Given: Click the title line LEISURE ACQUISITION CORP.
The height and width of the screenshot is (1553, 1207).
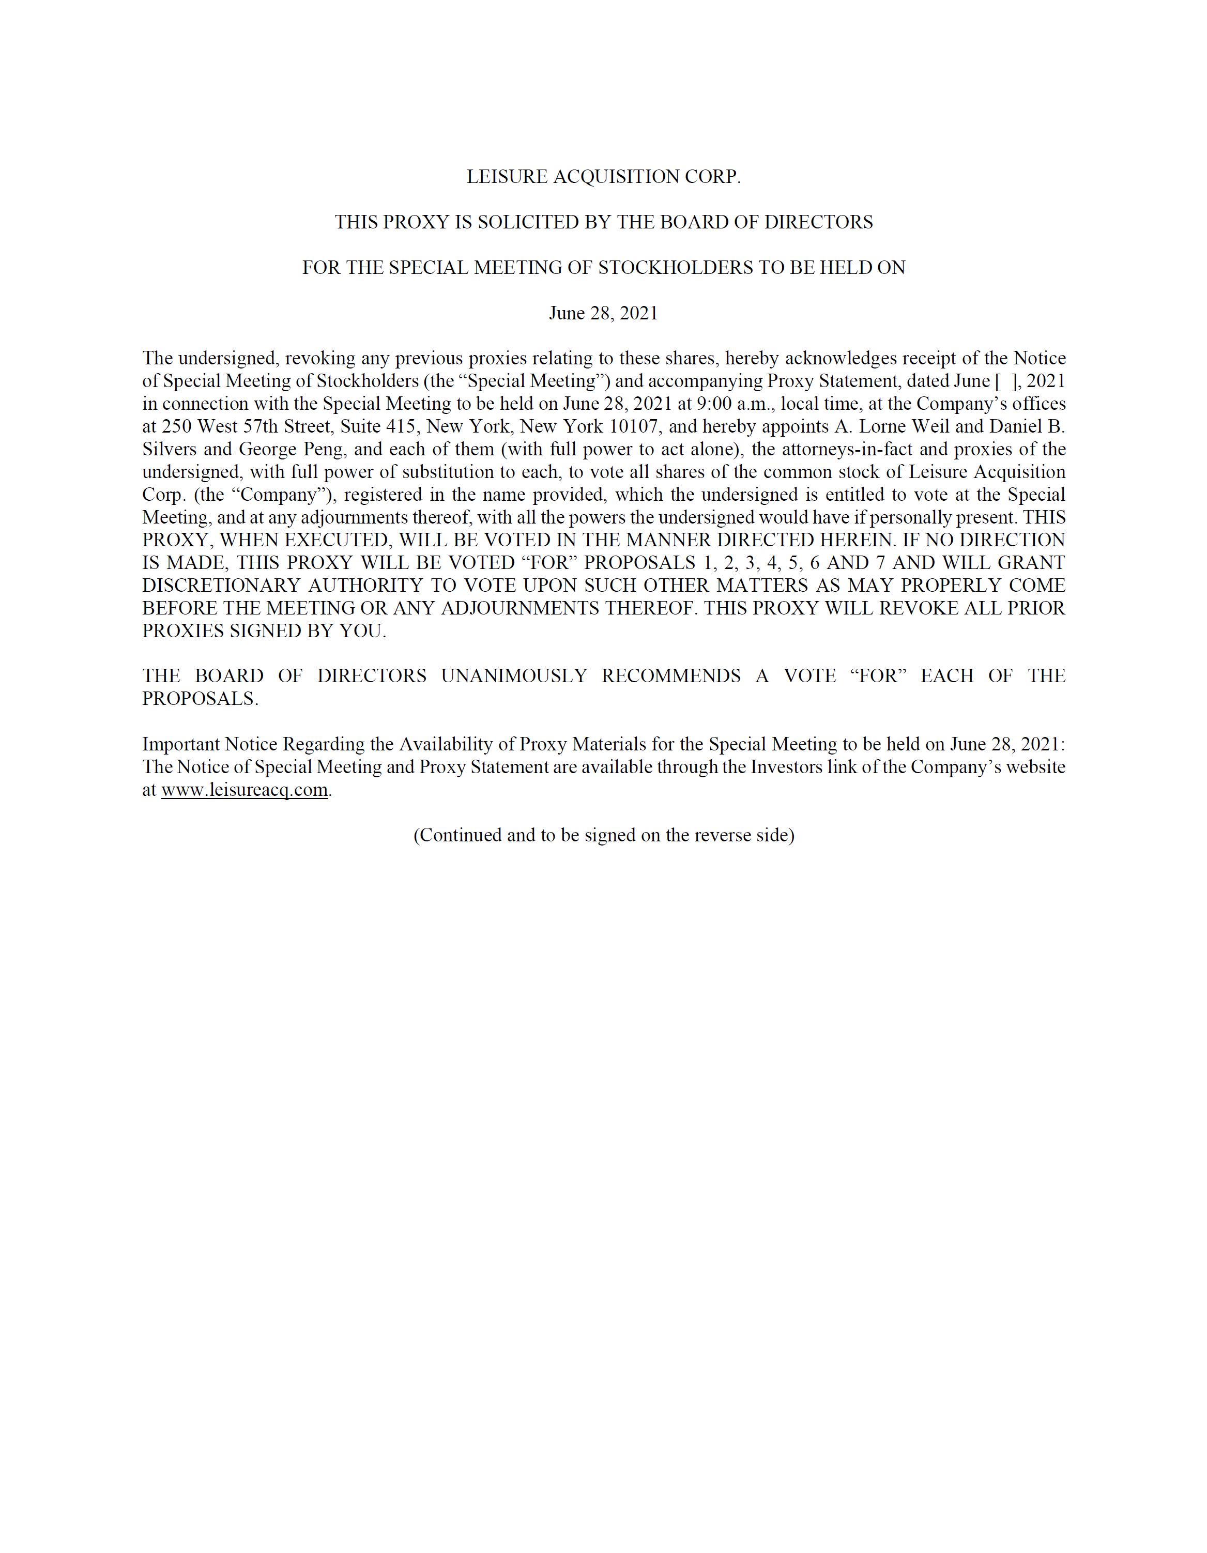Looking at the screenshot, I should (603, 177).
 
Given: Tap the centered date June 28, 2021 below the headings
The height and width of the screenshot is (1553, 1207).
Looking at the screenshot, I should (603, 314).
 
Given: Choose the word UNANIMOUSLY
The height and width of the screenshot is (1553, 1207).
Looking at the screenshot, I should (513, 676).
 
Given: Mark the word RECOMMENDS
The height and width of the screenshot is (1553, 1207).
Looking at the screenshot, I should (671, 676).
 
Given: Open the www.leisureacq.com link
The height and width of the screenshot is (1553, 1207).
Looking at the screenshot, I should (245, 790).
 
